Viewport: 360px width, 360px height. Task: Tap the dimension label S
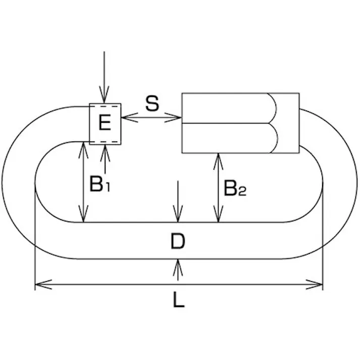pos(151,104)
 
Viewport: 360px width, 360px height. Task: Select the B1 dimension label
pos(99,184)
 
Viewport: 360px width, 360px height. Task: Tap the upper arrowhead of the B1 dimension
pos(83,146)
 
